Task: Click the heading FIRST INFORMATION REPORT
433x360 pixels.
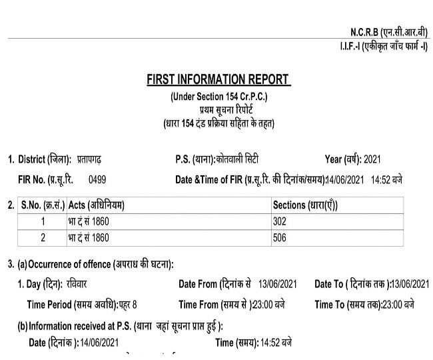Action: point(218,79)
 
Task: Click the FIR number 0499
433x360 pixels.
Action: point(97,180)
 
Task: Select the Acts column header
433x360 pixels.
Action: point(97,205)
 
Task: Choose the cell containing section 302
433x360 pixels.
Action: point(280,221)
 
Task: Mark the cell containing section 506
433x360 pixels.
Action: point(280,237)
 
